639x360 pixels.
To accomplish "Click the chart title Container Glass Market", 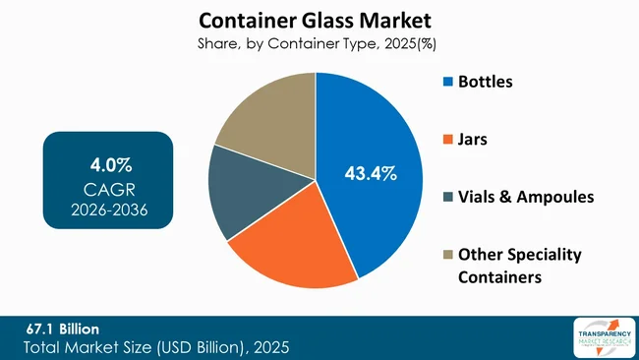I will tap(315, 20).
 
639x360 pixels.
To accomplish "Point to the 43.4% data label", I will tap(371, 174).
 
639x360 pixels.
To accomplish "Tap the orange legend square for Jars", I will tap(448, 140).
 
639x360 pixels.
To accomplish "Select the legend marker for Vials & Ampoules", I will tap(448, 197).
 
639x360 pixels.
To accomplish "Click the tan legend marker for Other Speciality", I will tap(448, 255).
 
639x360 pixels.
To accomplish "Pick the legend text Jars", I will tap(473, 140).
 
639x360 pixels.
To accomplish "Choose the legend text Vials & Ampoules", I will tap(526, 197).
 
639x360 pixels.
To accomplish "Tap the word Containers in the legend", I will tap(499, 277).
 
